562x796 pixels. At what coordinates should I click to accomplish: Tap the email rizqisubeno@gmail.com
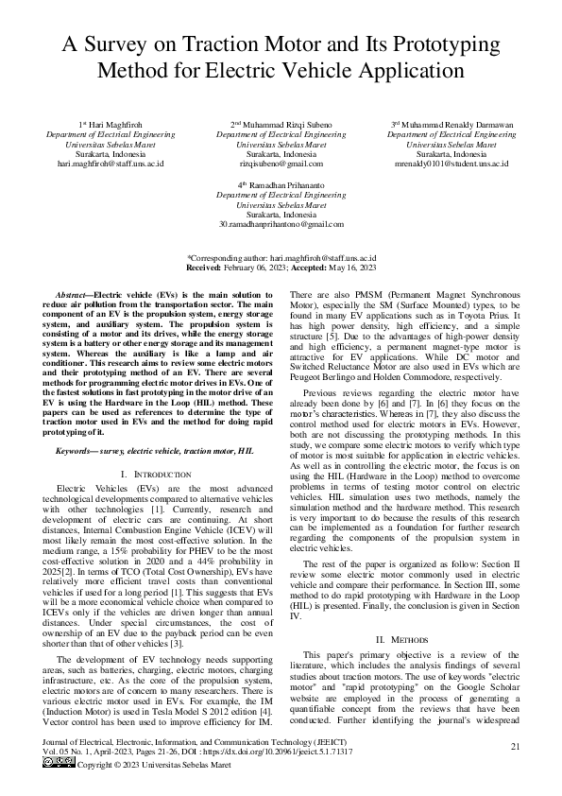coord(281,164)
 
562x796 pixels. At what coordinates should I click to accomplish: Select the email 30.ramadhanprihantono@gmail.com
coord(281,224)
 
